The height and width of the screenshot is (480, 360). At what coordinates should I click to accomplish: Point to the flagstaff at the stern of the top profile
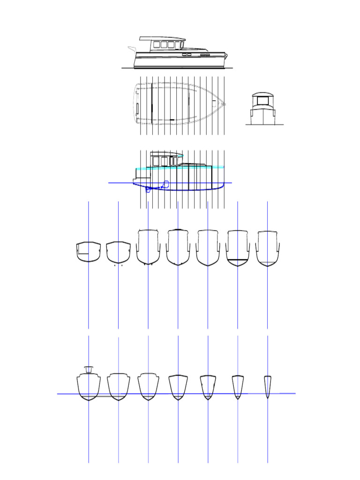[x=131, y=49]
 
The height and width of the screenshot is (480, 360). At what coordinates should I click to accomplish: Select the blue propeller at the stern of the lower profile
[x=148, y=189]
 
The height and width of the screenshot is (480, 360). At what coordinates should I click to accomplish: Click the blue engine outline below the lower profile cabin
[x=165, y=184]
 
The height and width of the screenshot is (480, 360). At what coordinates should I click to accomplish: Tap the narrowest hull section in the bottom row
[x=267, y=386]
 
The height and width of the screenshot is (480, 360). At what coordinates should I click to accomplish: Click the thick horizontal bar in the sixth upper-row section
[x=238, y=259]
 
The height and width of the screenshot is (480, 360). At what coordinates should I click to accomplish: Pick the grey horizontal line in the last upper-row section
[x=267, y=261]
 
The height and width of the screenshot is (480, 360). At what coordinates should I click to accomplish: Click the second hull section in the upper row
[x=118, y=252]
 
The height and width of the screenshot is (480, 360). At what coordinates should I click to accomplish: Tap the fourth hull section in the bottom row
[x=178, y=387]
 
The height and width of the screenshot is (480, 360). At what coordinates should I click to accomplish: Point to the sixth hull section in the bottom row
[x=238, y=387]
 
